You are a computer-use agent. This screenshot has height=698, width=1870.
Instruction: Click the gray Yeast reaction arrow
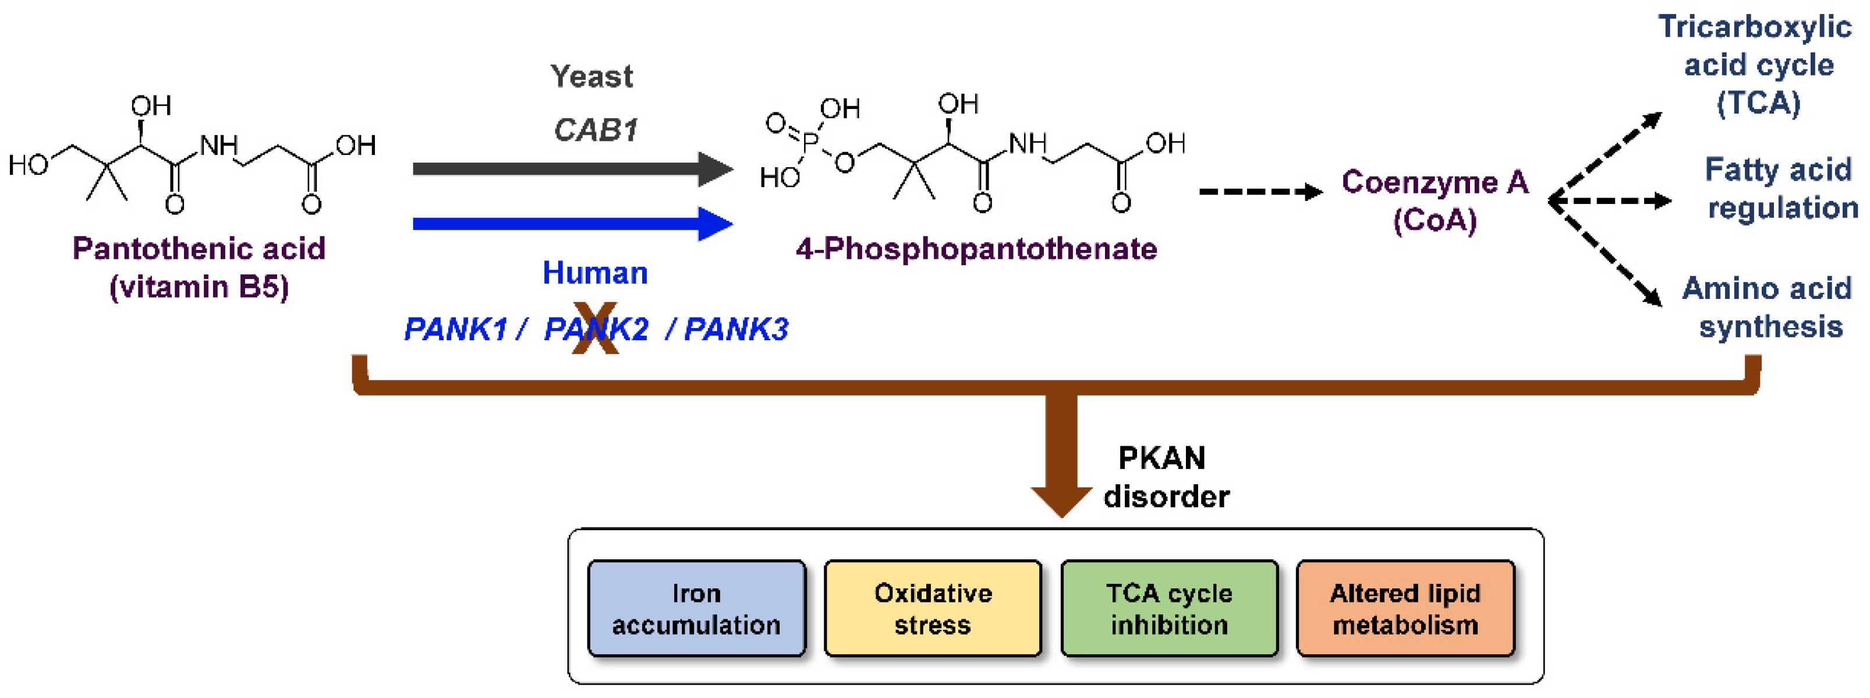tap(573, 169)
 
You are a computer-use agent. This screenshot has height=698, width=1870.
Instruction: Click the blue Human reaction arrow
tap(573, 224)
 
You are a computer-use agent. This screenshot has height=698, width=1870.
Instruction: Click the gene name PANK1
tap(455, 329)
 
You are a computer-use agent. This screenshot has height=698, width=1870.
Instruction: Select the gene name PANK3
tap(736, 329)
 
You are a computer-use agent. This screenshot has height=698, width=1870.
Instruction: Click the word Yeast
tap(592, 76)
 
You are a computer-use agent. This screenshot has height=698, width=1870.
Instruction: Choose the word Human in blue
tap(595, 272)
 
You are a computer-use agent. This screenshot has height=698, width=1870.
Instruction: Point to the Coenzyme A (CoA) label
tap(1435, 201)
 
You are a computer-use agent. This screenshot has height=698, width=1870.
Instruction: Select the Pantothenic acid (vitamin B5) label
tap(199, 267)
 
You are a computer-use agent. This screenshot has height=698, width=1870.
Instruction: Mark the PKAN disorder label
tap(1166, 477)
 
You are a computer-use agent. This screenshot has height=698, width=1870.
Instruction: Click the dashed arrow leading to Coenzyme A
tap(1261, 192)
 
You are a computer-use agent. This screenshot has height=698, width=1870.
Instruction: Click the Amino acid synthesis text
tap(1768, 307)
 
